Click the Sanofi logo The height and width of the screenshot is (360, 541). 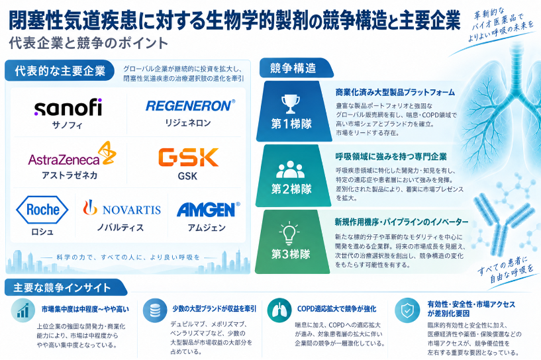click(x=68, y=107)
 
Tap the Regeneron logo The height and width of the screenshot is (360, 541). click(x=190, y=105)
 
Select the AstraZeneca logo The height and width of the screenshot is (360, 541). click(x=72, y=154)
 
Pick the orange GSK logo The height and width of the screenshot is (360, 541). click(x=188, y=157)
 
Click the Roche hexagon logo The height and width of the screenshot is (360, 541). click(x=42, y=210)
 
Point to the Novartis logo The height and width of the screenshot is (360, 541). click(x=122, y=208)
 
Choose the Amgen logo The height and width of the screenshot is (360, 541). click(x=208, y=209)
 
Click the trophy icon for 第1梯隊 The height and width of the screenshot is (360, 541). click(x=290, y=104)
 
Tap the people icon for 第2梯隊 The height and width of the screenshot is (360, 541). click(x=291, y=169)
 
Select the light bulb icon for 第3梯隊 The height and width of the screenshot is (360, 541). click(x=289, y=234)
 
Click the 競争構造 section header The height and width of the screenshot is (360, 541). click(x=296, y=68)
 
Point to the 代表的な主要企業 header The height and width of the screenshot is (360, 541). click(x=60, y=71)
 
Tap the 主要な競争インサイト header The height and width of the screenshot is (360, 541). click(x=66, y=288)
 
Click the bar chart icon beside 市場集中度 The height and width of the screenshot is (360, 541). click(x=23, y=310)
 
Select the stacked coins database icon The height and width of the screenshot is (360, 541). click(x=155, y=310)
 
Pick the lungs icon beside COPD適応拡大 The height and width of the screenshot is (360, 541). click(x=279, y=310)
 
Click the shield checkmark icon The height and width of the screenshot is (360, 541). click(x=407, y=310)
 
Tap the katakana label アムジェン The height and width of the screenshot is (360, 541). click(x=207, y=228)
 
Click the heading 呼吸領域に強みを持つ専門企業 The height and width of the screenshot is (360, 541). click(x=391, y=157)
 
